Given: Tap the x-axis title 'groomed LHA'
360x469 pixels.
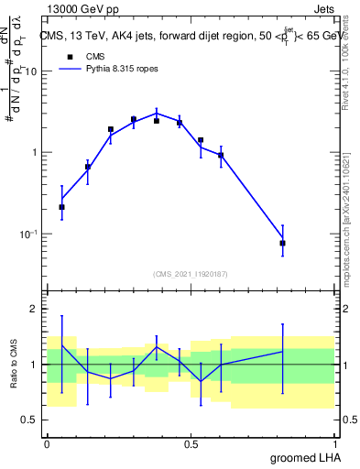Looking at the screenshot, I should click(302, 457).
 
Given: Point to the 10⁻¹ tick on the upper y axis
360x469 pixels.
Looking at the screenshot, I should click(31, 234).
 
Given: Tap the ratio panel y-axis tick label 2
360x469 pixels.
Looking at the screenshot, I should click(37, 310).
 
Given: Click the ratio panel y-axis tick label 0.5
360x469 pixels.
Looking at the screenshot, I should click(33, 420).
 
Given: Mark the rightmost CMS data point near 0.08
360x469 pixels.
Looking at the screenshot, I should click(282, 243).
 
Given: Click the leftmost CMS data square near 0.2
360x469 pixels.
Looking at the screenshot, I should click(61, 207).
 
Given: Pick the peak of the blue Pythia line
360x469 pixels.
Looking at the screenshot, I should click(157, 113).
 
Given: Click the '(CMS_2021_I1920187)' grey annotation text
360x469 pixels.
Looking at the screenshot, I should click(190, 273).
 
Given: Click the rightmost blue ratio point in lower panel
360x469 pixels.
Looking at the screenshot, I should click(282, 352).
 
